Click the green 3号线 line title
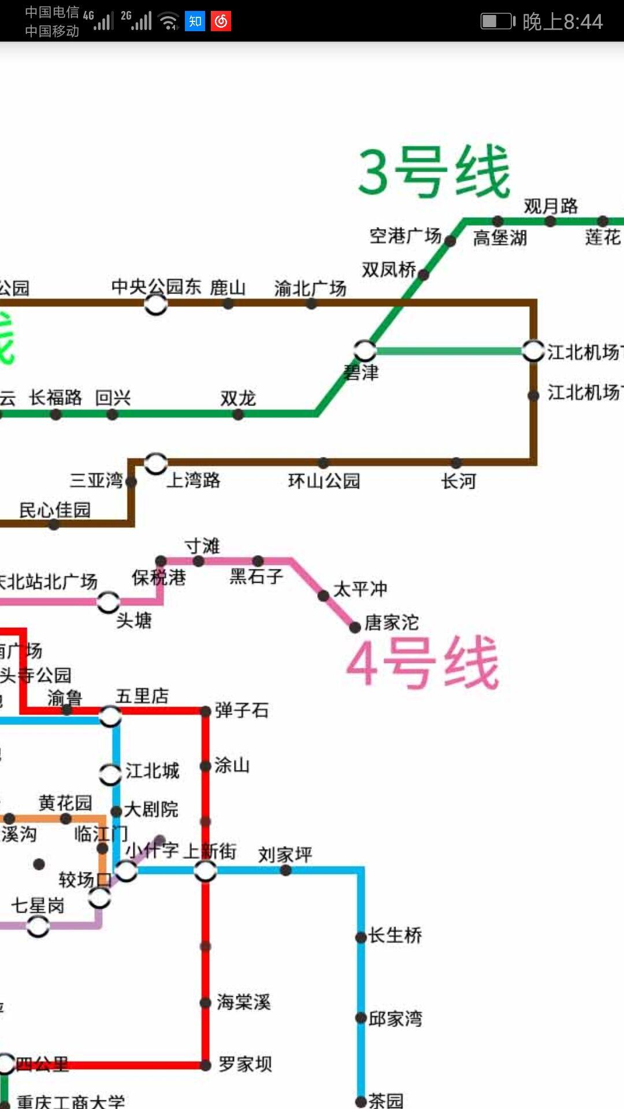pyautogui.click(x=433, y=172)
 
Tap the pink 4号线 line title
pyautogui.click(x=422, y=663)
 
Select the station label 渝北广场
pyautogui.click(x=310, y=288)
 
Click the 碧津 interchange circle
pyautogui.click(x=365, y=350)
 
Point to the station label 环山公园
pyautogui.click(x=324, y=481)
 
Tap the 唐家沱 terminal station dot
pyautogui.click(x=355, y=627)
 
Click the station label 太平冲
pyautogui.click(x=360, y=589)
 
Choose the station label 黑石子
pyautogui.click(x=256, y=576)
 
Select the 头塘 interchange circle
pyautogui.click(x=108, y=602)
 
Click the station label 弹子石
pyautogui.click(x=242, y=710)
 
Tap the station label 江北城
pyautogui.click(x=153, y=771)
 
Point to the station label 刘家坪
pyautogui.click(x=285, y=854)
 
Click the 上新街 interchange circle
pyautogui.click(x=205, y=871)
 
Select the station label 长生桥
pyautogui.click(x=395, y=935)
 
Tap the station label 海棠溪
pyautogui.click(x=243, y=1002)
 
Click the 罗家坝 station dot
pyautogui.click(x=205, y=1065)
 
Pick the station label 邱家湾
pyautogui.click(x=395, y=1018)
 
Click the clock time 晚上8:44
pyautogui.click(x=562, y=22)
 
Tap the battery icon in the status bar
pyautogui.click(x=497, y=21)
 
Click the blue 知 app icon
pyautogui.click(x=195, y=21)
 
